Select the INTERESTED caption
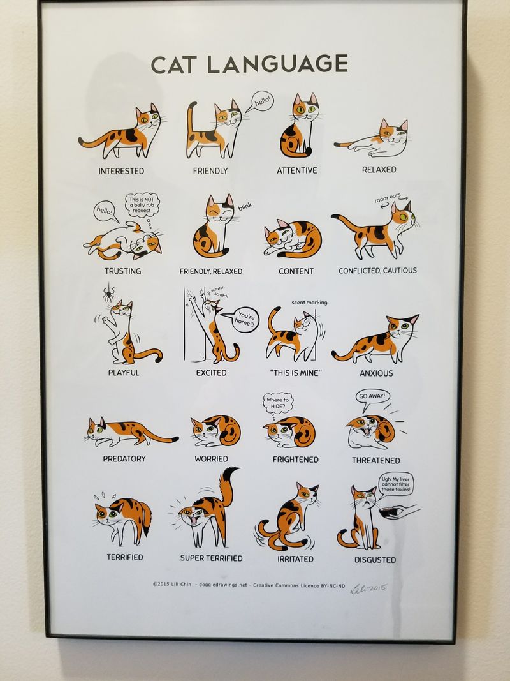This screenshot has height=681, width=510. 121,171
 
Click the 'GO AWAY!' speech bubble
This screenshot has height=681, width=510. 372,396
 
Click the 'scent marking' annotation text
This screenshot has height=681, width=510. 309,302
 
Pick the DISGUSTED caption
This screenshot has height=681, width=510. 375,560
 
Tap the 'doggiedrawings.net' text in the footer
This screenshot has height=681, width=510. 221,585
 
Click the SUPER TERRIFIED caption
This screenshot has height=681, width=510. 211,558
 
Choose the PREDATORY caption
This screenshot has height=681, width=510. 124,458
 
